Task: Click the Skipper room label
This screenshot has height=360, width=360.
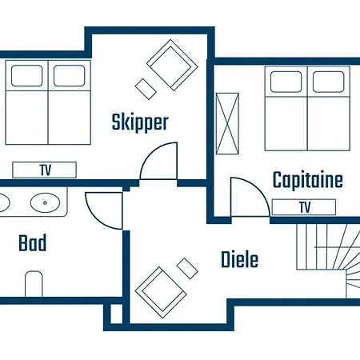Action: [140, 122]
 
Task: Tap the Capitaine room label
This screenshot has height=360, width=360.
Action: [308, 179]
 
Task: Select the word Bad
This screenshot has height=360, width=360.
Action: [33, 242]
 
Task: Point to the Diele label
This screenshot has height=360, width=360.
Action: [240, 259]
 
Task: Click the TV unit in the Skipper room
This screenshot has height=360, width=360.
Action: [45, 170]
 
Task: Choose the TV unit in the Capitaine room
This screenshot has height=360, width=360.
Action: [304, 207]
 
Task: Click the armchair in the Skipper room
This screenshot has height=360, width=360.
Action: [172, 65]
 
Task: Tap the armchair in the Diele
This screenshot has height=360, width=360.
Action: [161, 292]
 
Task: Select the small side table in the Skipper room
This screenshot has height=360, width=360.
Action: [146, 89]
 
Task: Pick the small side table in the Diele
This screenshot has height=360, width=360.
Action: [187, 269]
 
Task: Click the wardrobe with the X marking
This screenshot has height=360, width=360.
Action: [227, 123]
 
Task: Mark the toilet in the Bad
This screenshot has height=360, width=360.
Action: [34, 284]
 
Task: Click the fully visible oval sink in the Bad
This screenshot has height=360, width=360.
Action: [45, 202]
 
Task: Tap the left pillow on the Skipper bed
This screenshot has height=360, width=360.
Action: [26, 75]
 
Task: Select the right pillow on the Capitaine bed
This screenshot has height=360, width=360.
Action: [328, 82]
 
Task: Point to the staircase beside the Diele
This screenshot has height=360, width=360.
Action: [328, 261]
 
